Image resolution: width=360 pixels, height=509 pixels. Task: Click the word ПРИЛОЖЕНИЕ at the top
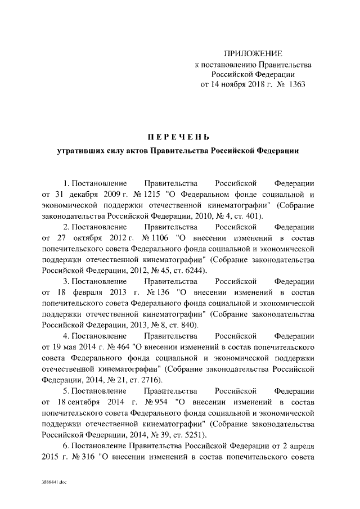pos(253,54)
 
